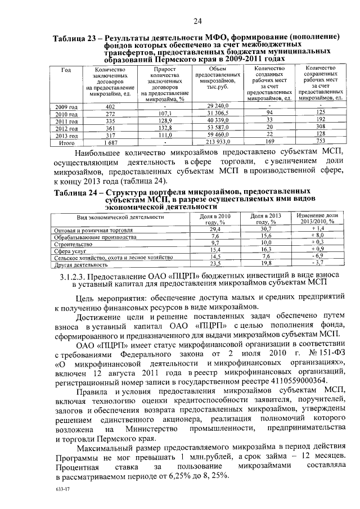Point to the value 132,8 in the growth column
(x=165, y=128)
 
